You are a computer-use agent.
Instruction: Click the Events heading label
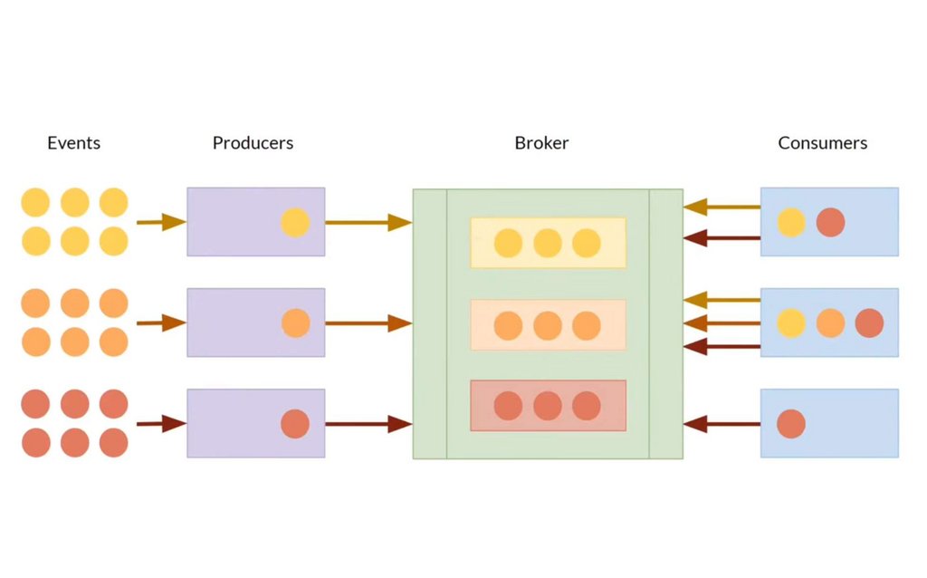tap(73, 143)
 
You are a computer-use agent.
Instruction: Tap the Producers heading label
tap(253, 143)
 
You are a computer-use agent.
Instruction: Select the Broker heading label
tap(541, 143)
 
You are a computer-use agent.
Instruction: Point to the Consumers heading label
tap(822, 143)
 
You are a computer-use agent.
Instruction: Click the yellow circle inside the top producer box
tap(295, 223)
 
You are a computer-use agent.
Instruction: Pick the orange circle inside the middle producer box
tap(295, 323)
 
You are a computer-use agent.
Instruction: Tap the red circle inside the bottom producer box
tap(295, 424)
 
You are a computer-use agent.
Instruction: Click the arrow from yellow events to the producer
tap(160, 222)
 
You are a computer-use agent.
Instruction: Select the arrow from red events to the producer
tap(160, 423)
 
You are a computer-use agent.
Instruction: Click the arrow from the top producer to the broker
tap(368, 222)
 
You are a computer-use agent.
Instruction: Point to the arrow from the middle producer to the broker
tap(368, 323)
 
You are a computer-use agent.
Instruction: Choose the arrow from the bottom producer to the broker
tap(368, 423)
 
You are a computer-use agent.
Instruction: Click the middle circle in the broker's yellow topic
tap(548, 243)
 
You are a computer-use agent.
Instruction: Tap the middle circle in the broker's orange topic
tap(548, 325)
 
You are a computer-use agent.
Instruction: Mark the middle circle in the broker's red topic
tap(548, 406)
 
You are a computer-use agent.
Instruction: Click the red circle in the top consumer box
tap(830, 223)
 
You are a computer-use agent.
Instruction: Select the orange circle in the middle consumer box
tap(830, 323)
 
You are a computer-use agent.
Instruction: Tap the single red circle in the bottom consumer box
tap(791, 424)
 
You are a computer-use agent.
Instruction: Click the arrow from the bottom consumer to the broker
tap(722, 423)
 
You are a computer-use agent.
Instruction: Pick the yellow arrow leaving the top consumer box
tap(722, 207)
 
